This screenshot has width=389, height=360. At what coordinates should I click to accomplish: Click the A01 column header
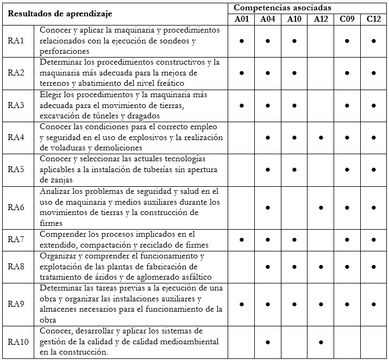point(241,20)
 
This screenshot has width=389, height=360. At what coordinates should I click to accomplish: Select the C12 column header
point(374,20)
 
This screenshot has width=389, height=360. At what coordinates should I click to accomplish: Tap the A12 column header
point(321,20)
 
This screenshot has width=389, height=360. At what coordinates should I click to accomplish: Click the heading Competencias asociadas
point(283,8)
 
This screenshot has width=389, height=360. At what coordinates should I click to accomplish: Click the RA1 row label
point(16,41)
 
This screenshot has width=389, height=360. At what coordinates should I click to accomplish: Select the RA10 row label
point(18,342)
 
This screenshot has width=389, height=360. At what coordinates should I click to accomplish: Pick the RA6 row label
point(16,207)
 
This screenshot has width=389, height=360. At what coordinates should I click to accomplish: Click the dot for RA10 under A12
point(321,342)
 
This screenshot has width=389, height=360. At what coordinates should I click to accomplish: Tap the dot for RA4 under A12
point(321,138)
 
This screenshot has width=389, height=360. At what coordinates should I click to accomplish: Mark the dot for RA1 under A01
point(241,41)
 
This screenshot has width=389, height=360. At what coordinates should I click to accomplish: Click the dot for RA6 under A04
point(268,207)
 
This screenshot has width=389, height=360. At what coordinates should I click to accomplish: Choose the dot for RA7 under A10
point(294,239)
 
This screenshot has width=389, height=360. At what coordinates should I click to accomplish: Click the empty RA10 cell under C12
point(374,342)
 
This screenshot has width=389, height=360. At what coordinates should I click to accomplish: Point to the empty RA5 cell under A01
point(241,170)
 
